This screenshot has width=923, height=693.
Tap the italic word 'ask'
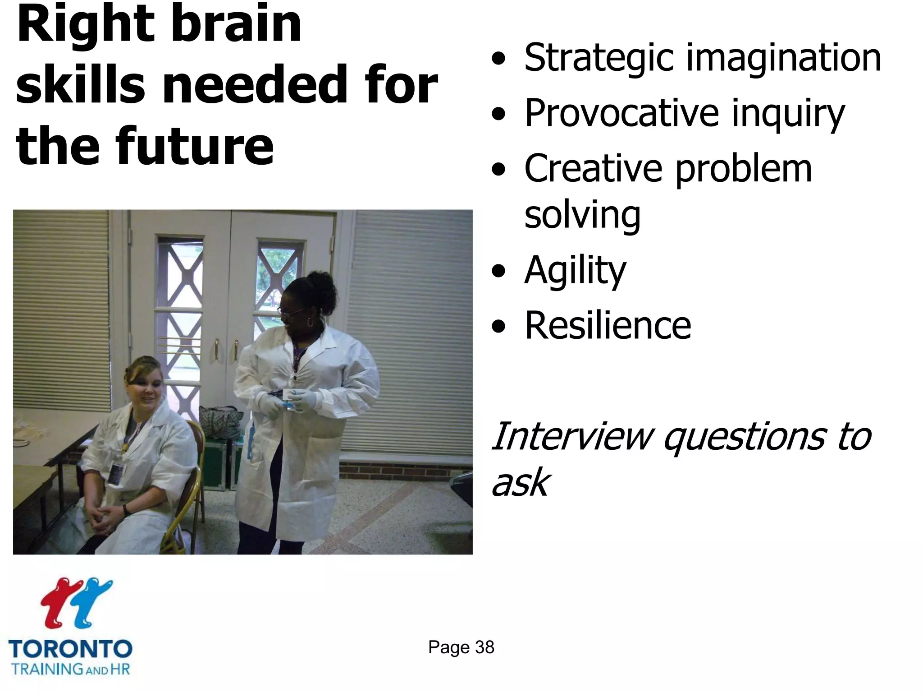520,483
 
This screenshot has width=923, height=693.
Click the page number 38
484,647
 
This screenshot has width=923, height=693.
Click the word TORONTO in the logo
70,650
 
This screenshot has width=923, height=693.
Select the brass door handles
225,350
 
